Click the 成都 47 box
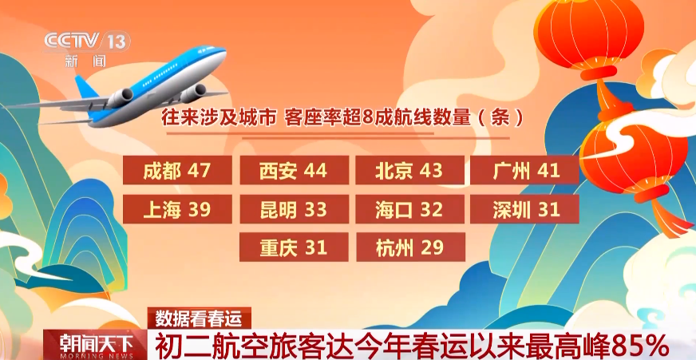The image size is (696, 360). coord(177,170)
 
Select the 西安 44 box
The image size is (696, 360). coord(294,170)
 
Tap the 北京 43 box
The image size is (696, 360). coord(409,170)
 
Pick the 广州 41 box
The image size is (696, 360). coord(524,170)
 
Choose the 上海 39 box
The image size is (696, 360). coord(177,209)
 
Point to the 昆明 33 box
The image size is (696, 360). coord(294,209)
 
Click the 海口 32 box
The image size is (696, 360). coord(409,209)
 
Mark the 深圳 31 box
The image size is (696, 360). coord(524,209)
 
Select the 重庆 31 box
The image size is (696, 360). coord(294,247)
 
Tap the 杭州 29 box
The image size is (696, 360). coord(410,247)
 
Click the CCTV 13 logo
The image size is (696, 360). coord(87,42)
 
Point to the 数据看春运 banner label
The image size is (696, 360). coord(200,318)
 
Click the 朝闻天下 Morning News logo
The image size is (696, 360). coord(95,345)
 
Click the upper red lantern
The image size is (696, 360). coord(589,35)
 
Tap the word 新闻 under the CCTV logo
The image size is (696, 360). coord(85,61)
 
